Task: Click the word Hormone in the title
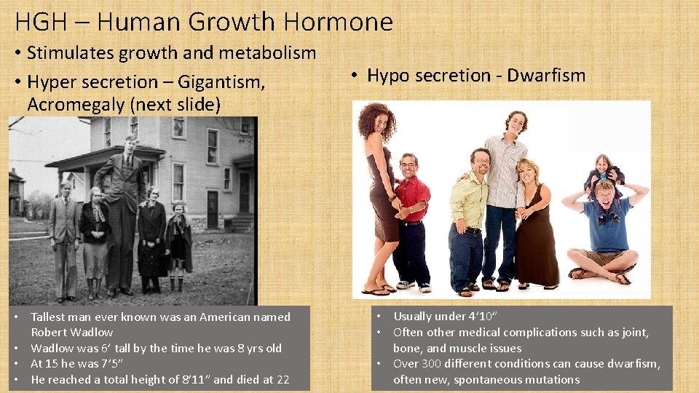[340, 22]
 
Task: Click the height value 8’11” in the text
[192, 379]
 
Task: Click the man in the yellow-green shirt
[466, 218]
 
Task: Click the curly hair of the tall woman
[376, 120]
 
